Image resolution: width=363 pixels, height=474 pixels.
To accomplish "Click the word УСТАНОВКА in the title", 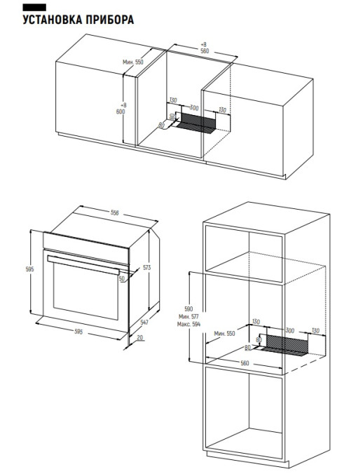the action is point(53,20).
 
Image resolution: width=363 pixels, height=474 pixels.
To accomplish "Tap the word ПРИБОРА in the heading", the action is point(109,20).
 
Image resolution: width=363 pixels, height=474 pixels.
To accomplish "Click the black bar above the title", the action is point(34,8).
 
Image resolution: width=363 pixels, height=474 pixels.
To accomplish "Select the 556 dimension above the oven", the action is point(114,213).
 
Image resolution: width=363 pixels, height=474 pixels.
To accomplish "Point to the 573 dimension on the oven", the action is point(146,268).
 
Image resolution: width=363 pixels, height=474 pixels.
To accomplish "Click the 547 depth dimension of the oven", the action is point(144,323).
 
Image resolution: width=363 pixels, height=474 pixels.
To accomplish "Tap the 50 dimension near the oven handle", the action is point(122,278).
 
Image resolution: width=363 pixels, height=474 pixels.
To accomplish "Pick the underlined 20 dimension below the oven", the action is point(140,337).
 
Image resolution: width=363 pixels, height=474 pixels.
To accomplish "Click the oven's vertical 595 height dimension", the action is point(29,269).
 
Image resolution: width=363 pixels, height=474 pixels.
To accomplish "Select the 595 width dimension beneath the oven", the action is point(78,332).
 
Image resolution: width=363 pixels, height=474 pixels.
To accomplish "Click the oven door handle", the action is point(83,265).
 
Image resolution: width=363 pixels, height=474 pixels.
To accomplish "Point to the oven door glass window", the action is point(85,291).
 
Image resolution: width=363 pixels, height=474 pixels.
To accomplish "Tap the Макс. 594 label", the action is point(189,324).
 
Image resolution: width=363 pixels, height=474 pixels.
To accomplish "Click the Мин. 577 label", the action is point(189,316).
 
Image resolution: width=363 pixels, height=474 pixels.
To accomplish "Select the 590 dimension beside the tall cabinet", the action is point(189,309).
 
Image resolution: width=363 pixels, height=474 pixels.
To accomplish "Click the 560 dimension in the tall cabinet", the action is point(245,363).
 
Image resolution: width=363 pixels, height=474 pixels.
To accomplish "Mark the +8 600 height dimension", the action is point(121,109).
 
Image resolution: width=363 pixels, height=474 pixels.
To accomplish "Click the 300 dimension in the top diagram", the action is point(194,107).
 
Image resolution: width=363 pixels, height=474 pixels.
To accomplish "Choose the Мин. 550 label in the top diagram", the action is point(133,62).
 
